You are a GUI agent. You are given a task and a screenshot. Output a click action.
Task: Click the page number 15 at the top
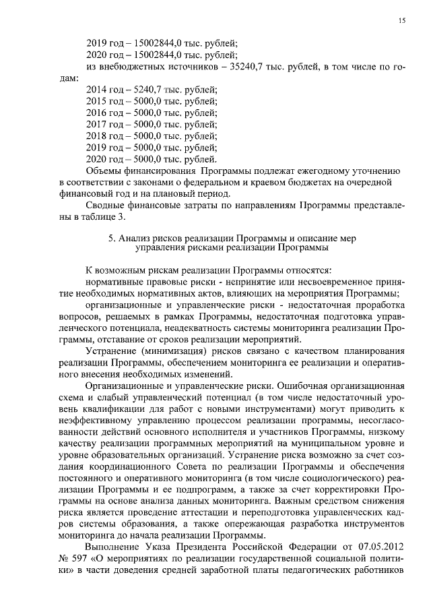401,21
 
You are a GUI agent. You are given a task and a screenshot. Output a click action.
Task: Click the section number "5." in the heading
112,238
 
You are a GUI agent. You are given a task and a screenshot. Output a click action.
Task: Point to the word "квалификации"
106,410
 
